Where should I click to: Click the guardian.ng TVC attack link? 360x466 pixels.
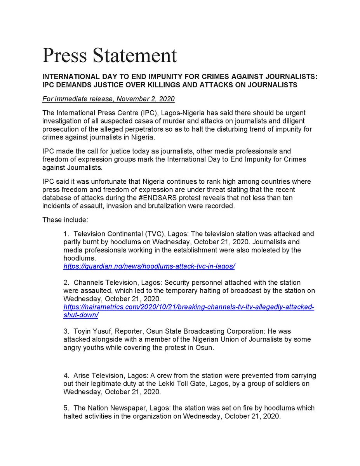click(149, 266)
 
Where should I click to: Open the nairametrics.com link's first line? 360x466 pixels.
click(189, 307)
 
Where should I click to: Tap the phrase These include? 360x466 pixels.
click(65, 220)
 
